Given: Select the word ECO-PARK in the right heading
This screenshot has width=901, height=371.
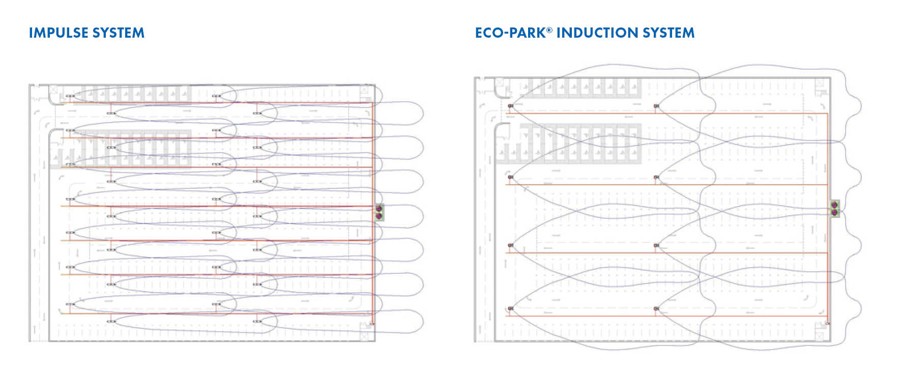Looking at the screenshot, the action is tap(510, 33).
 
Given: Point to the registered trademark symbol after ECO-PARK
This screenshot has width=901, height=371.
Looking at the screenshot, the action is tap(549, 30).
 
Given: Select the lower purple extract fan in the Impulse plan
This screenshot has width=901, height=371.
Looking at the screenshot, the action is tap(379, 216).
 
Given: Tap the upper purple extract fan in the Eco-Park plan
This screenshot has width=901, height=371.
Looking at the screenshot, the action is tap(834, 205).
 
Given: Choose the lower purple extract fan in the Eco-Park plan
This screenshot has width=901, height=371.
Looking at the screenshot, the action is tap(834, 212).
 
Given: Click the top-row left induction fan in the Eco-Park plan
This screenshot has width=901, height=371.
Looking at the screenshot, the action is tap(510, 106).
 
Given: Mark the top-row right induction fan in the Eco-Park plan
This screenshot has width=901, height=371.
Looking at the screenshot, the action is tap(656, 106).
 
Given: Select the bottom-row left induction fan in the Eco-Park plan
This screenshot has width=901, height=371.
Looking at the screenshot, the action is tap(510, 308).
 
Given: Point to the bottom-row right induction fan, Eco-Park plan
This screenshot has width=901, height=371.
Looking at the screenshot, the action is tap(656, 308).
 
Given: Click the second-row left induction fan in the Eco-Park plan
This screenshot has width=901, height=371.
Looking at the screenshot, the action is tap(510, 177).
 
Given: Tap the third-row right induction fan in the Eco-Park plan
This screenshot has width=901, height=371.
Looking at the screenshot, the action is tap(656, 245).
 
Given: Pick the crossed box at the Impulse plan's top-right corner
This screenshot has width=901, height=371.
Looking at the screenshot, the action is tap(364, 90).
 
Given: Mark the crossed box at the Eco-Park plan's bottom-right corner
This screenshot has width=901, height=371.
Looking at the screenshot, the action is tap(821, 337).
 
